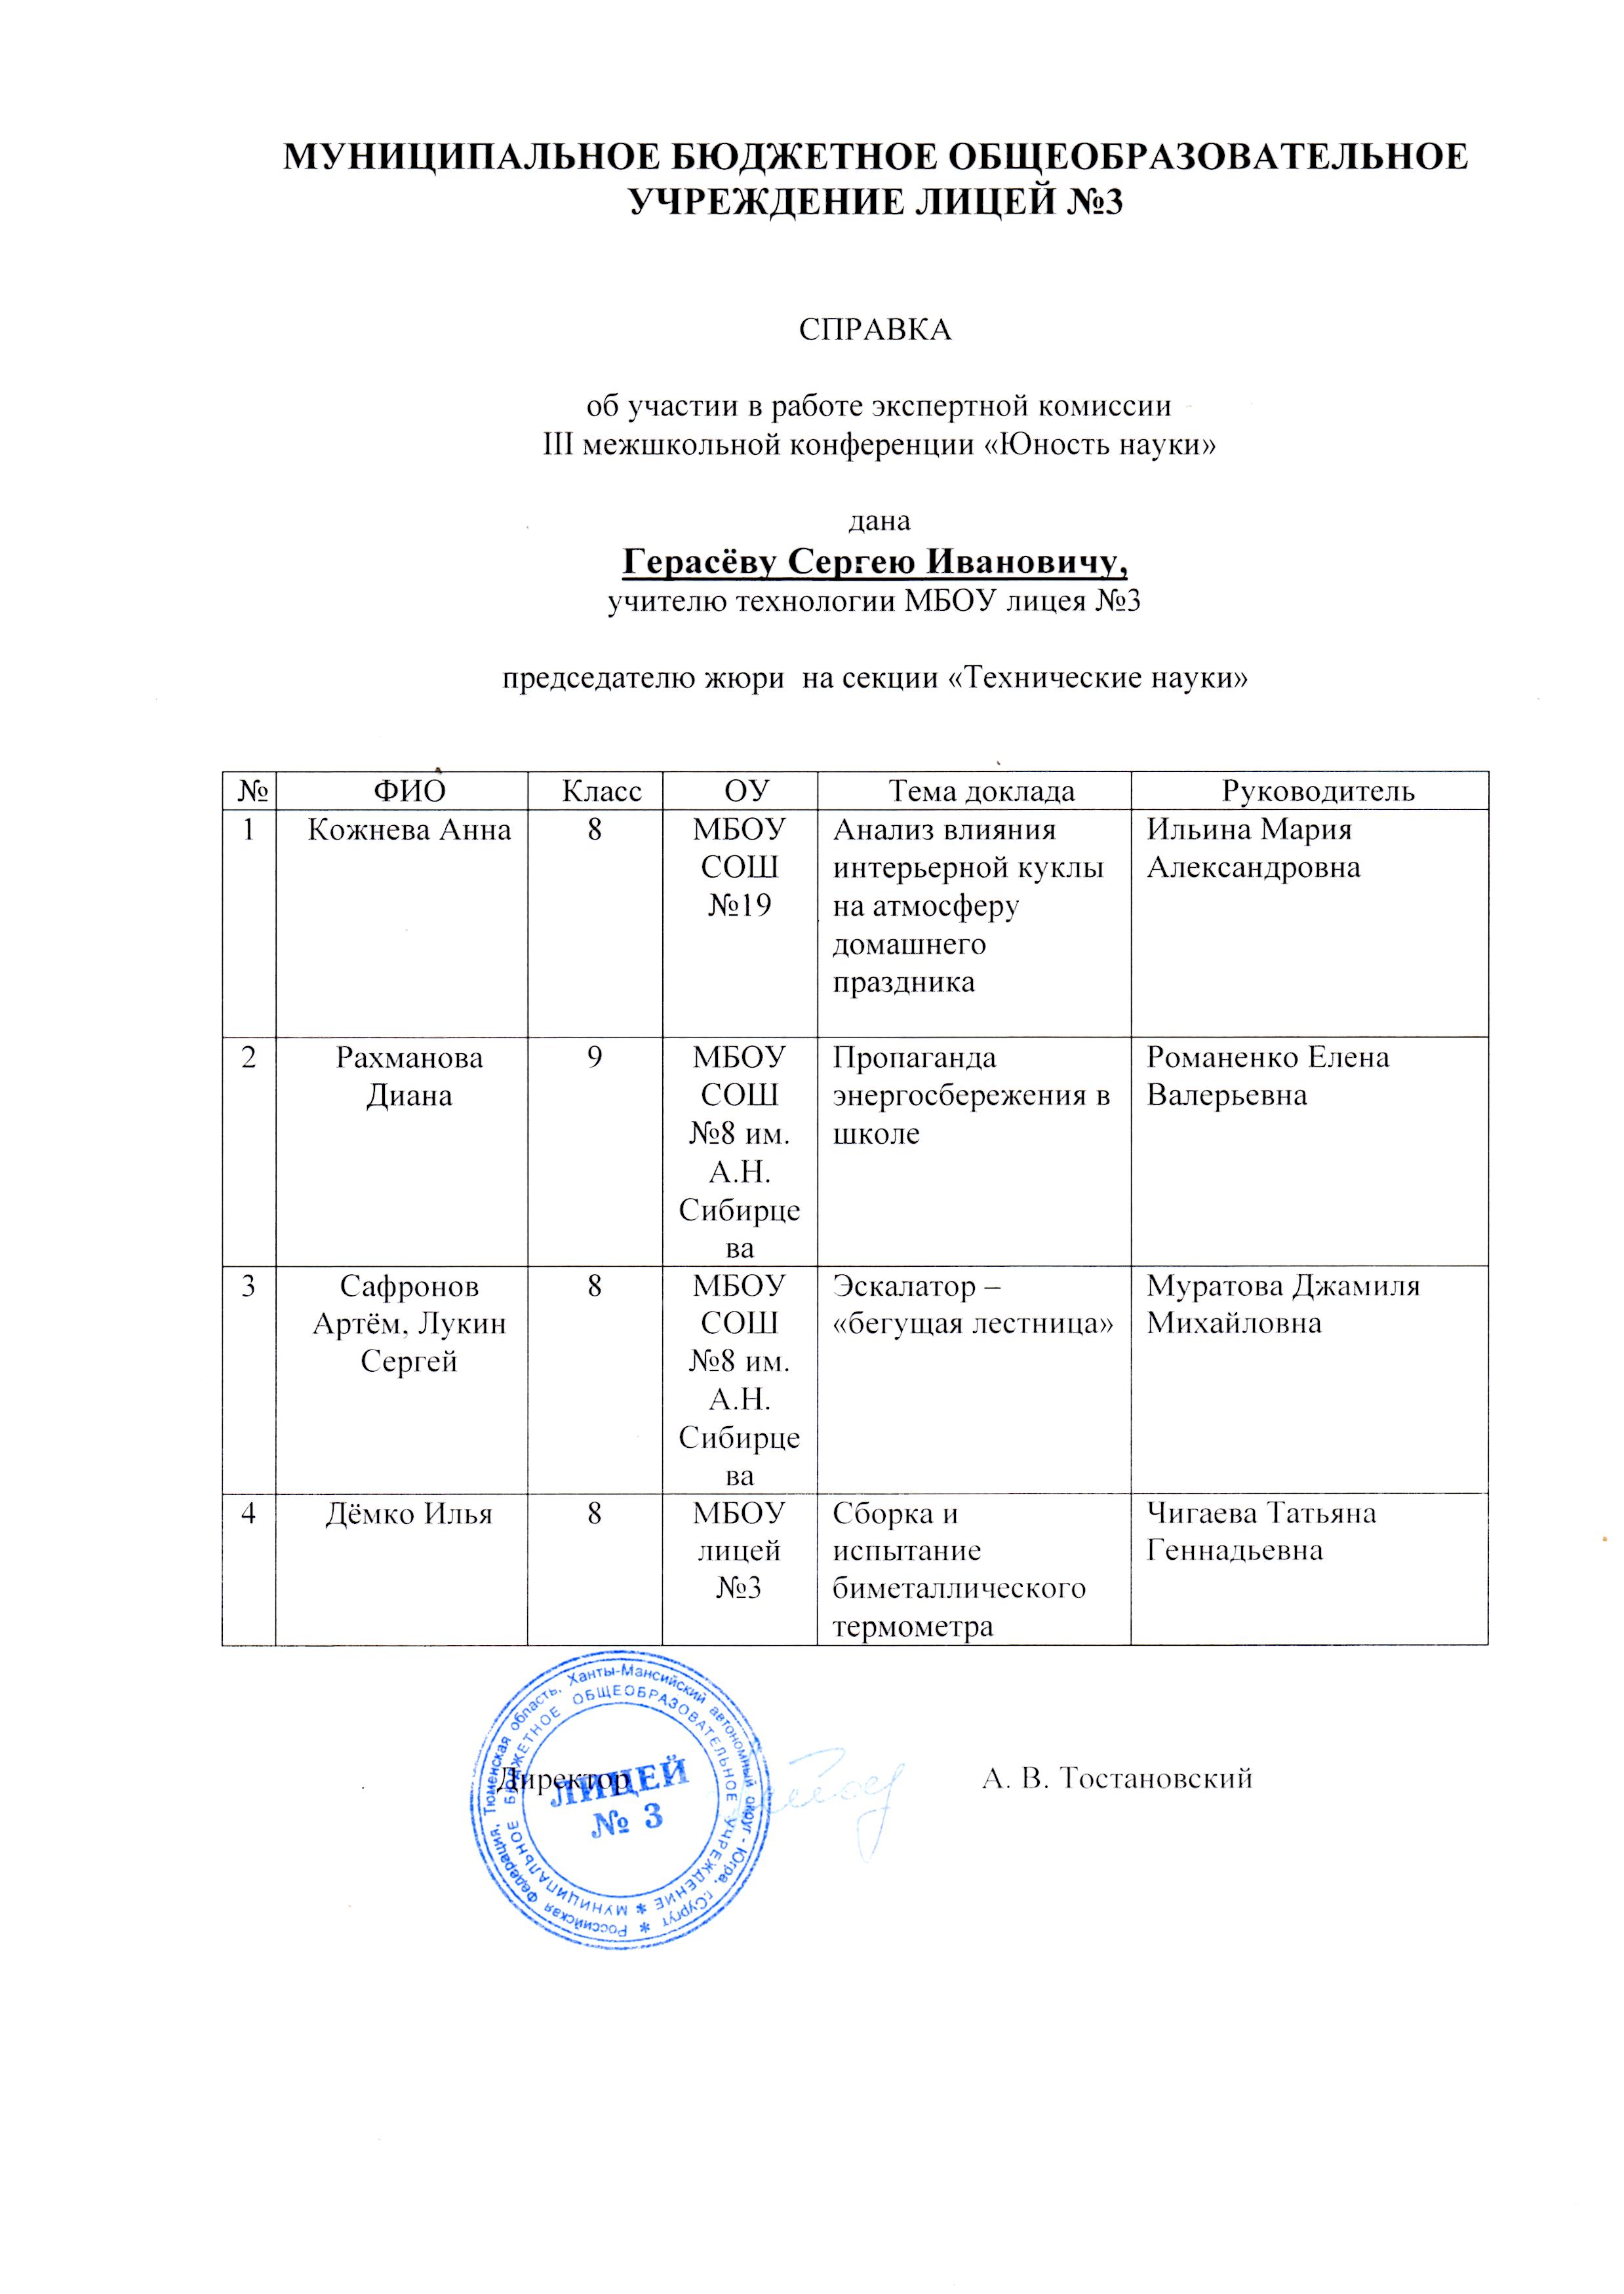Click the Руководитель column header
coord(1309,792)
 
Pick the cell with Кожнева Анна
coord(409,830)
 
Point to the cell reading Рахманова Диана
coord(409,1076)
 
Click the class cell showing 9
coord(594,1058)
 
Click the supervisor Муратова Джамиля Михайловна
coord(1283,1304)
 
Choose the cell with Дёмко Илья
coord(409,1513)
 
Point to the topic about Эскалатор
coord(973,1304)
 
